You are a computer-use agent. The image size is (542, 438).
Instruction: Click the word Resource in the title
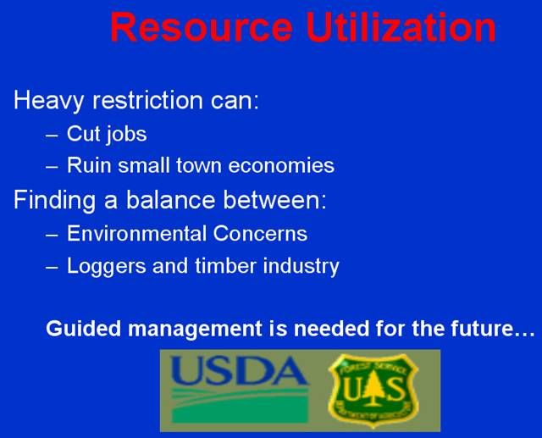coord(202,27)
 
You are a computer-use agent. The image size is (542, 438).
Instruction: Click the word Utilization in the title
coord(401,26)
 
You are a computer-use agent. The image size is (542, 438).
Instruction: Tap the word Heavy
coord(48,101)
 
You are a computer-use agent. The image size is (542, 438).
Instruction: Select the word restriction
coord(147,100)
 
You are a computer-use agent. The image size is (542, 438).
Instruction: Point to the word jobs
coord(126,135)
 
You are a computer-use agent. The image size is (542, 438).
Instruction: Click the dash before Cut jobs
coord(52,136)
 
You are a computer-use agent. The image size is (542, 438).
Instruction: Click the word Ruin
coord(90,165)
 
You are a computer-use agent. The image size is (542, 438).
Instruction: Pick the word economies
coord(281,165)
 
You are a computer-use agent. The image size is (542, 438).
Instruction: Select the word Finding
coord(54,201)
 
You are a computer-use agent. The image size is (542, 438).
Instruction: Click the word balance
coord(171,200)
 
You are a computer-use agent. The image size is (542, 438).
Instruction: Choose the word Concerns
coord(260,233)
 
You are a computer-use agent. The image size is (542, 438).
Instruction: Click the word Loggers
coord(107,267)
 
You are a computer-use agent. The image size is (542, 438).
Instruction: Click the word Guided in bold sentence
coord(84,328)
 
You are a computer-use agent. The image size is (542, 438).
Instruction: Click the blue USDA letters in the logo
coord(239,370)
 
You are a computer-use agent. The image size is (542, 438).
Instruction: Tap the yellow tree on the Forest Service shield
coord(373,388)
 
